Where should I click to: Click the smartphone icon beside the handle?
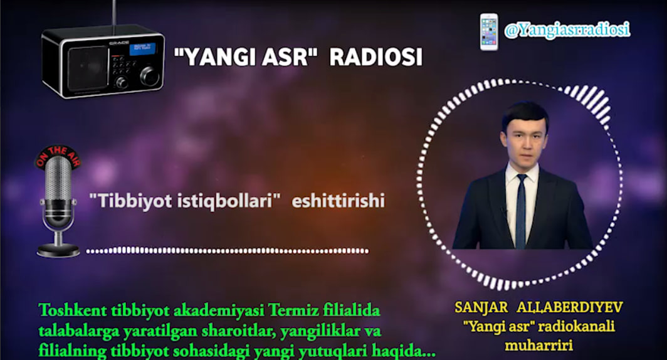pyautogui.click(x=489, y=31)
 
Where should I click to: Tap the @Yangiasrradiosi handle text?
pyautogui.click(x=567, y=29)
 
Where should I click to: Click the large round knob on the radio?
pyautogui.click(x=149, y=76)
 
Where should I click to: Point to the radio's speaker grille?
pyautogui.click(x=88, y=65)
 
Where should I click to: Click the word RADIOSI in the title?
pyautogui.click(x=376, y=58)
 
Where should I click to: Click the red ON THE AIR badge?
pyautogui.click(x=58, y=156)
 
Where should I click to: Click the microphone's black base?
pyautogui.click(x=58, y=250)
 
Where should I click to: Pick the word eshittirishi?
pyautogui.click(x=338, y=201)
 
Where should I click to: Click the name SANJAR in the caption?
pyautogui.click(x=481, y=308)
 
